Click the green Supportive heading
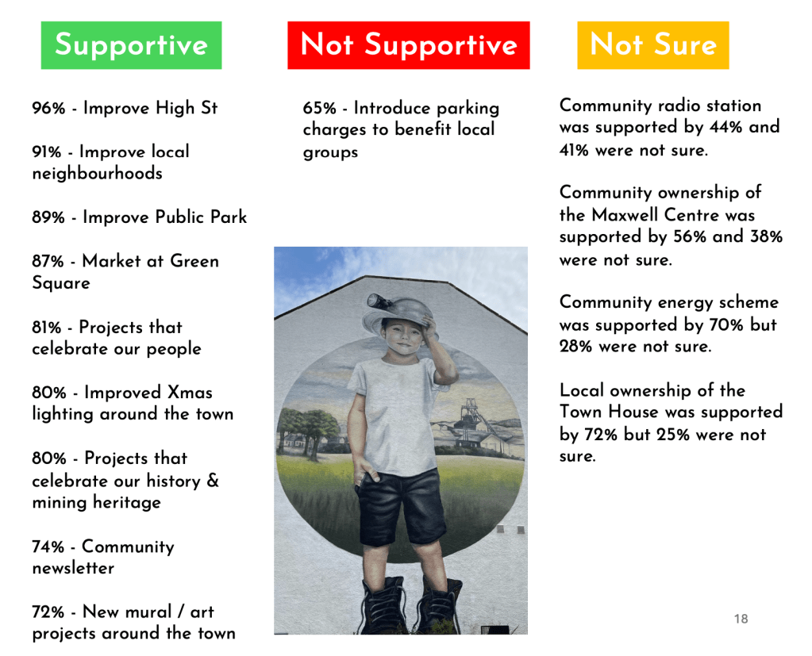[x=131, y=45]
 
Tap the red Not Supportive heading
[x=409, y=45]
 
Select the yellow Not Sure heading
[x=653, y=45]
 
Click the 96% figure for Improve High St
[x=48, y=108]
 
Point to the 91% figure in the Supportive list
[x=47, y=152]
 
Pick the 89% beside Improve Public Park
[x=48, y=217]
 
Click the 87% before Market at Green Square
[x=48, y=261]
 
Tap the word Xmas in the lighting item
[x=190, y=393]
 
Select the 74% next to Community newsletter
[x=48, y=547]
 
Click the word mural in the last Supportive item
[x=148, y=612]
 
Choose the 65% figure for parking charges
[x=320, y=108]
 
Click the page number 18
[x=741, y=619]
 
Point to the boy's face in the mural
[x=403, y=336]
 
